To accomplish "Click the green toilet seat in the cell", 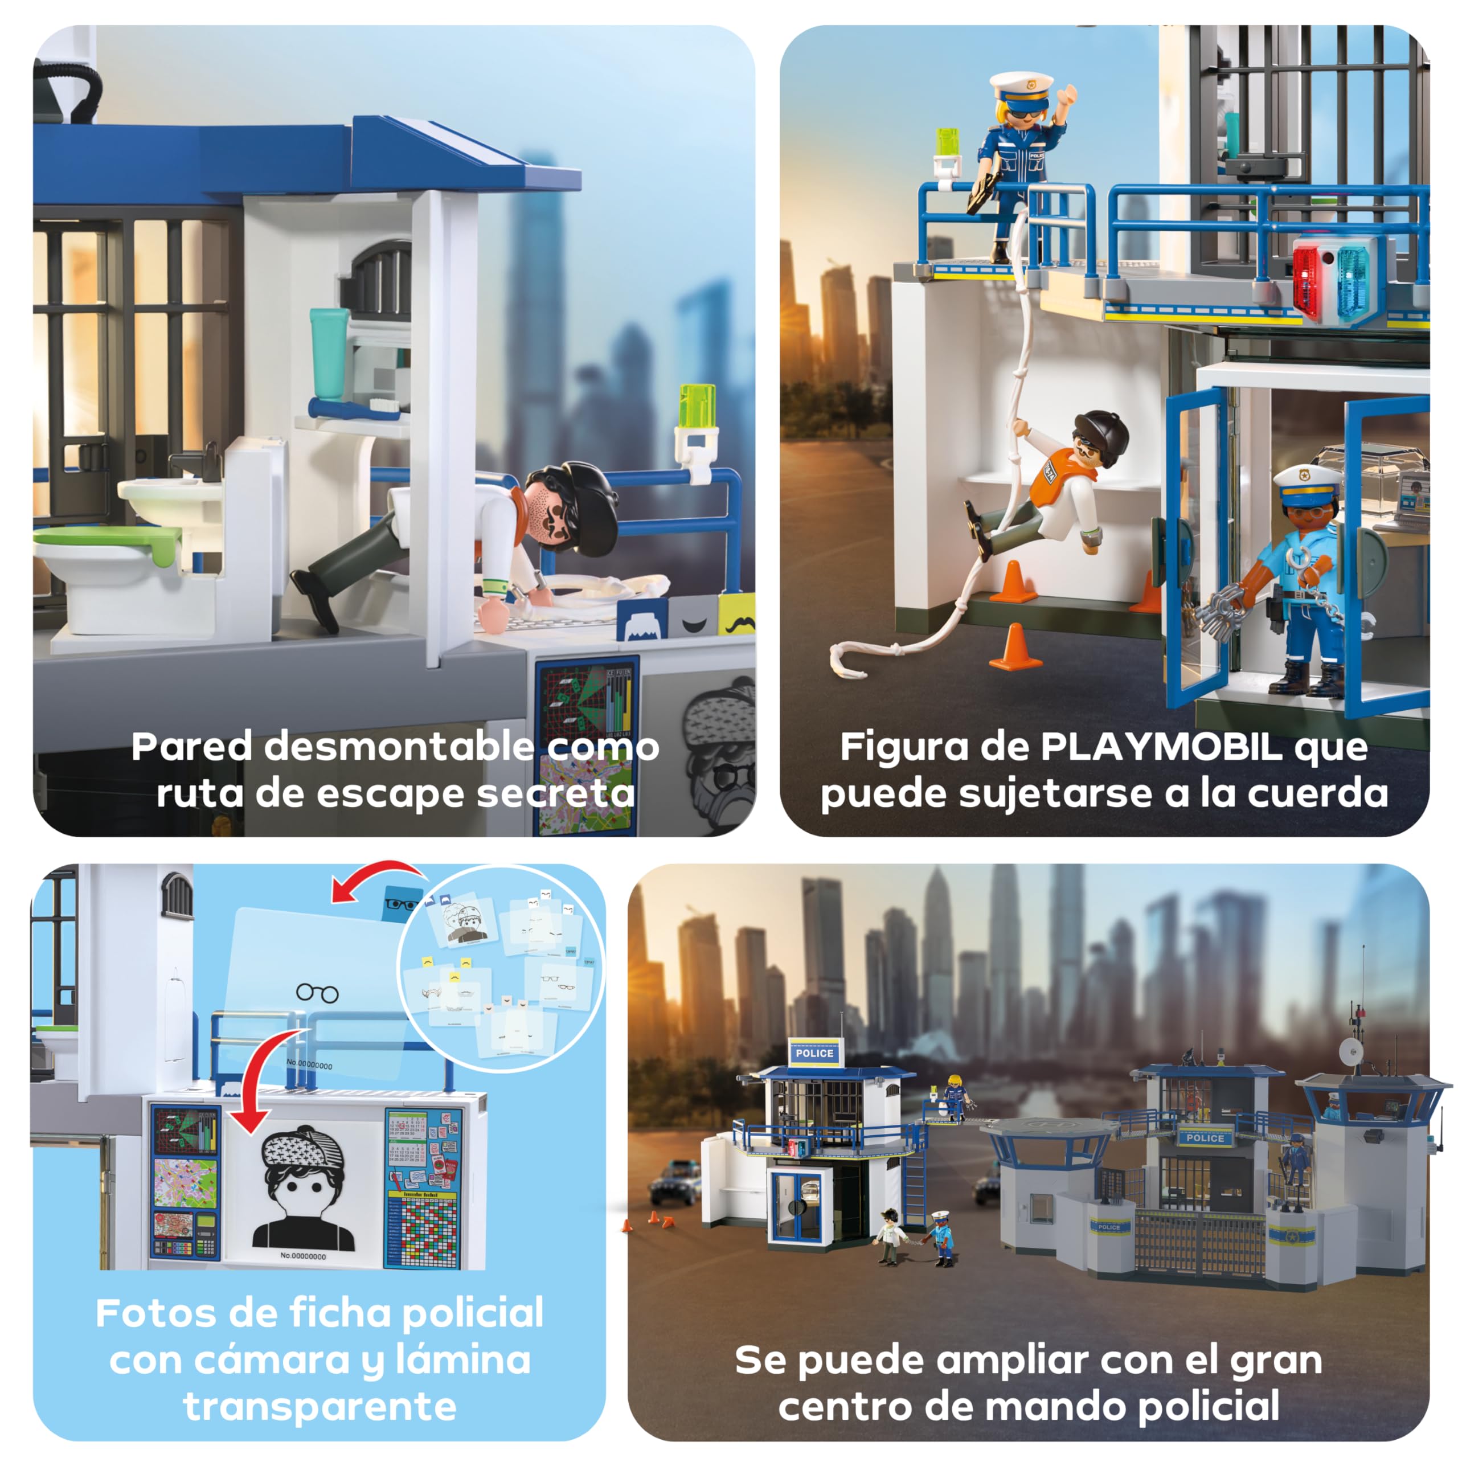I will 106,539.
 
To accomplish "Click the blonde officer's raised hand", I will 1066,97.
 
